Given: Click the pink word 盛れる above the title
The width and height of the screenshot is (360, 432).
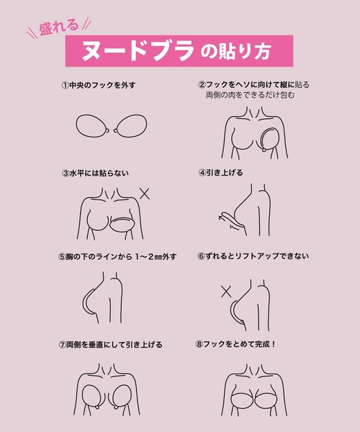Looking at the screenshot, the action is coord(58,27).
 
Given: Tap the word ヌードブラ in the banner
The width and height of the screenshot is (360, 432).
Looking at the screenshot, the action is coord(138,50).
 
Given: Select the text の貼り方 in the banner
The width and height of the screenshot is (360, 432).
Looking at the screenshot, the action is coord(235,51).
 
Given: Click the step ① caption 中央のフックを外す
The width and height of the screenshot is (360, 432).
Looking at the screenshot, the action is coord(102,85).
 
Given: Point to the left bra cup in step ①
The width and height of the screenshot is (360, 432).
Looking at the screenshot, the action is coord(92,125).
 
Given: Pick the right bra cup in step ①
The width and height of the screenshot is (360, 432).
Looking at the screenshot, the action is coord(130,125).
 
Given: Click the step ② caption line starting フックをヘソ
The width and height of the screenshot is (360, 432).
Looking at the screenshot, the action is coord(258,84).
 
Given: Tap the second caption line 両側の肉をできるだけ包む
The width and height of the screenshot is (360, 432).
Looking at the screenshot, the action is coord(250,95).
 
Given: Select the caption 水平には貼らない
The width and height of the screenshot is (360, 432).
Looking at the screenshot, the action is coord(99,173).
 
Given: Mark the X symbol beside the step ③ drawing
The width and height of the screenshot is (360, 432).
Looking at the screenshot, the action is coord(145,194).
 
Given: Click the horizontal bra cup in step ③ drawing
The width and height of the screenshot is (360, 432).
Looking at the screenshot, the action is coord(122,225).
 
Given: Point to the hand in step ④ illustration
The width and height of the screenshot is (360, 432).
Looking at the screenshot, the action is coord(231,221).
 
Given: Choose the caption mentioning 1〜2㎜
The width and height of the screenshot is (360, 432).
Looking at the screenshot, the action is coord(121,257).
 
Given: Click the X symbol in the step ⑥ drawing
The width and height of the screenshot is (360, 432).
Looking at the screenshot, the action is coord(226,292).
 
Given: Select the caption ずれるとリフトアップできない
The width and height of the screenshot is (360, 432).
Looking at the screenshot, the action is coord(257,256).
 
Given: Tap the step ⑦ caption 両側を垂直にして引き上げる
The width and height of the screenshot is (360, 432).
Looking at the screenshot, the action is coord(114,344).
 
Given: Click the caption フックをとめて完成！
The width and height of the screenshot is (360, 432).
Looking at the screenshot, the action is coord(239,344).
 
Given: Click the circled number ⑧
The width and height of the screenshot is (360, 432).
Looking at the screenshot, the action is coord(199,344).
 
